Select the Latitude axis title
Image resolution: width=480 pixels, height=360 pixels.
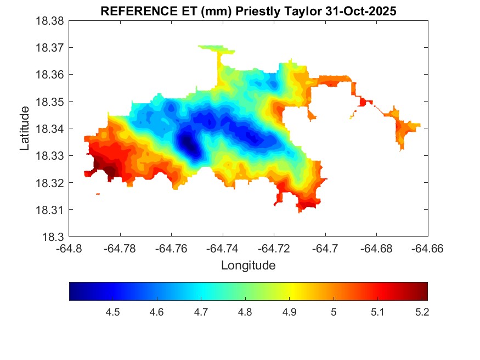pyautogui.click(x=25, y=129)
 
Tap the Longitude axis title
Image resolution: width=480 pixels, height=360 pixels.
pyautogui.click(x=248, y=266)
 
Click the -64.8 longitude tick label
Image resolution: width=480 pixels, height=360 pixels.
pyautogui.click(x=70, y=249)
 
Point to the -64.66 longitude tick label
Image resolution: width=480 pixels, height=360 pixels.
pyautogui.click(x=427, y=249)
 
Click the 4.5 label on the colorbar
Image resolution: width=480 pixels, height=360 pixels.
pyautogui.click(x=113, y=312)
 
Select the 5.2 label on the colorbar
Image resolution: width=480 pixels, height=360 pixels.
pyautogui.click(x=422, y=312)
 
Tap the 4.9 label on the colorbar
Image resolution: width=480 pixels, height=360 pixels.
pyautogui.click(x=289, y=312)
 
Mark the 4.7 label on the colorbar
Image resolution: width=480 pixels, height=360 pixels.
pyautogui.click(x=201, y=312)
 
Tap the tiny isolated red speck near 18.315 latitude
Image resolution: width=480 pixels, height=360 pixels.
pyautogui.click(x=98, y=194)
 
